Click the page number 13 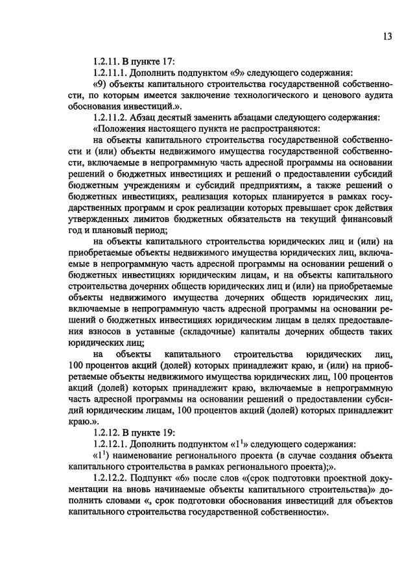pos(387,37)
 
